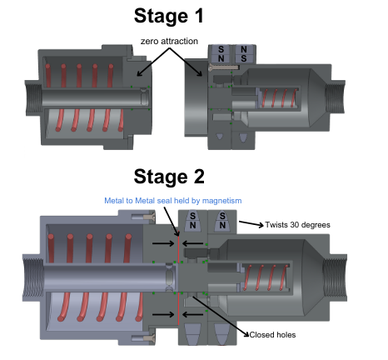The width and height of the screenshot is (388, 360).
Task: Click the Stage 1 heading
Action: coord(168,16)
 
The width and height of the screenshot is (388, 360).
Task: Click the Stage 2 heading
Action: coord(169,177)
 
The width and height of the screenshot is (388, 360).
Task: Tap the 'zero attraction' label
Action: coord(169,41)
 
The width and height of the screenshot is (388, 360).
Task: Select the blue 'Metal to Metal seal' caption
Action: coord(173,201)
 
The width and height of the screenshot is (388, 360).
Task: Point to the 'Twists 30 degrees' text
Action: coord(297,224)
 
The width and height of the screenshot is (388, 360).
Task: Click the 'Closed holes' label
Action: coord(272,335)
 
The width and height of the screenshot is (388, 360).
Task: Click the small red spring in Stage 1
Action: coord(279,98)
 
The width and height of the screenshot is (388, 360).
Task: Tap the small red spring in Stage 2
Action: coord(265,277)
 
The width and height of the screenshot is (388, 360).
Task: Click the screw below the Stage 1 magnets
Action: coord(223,67)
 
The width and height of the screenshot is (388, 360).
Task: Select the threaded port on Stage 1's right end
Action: coord(336,96)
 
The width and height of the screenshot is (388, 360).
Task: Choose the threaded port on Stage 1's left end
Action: coord(33,97)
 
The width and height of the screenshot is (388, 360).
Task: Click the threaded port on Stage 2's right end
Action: coord(335,277)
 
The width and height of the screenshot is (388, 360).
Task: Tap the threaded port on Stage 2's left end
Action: coord(33,277)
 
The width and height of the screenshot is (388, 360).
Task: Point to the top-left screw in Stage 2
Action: coord(143,216)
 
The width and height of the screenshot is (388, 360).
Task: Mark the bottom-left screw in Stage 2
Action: coord(143,337)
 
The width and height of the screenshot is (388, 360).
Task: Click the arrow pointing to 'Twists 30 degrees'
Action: coord(251,223)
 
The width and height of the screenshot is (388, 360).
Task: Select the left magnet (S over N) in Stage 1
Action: coord(221,54)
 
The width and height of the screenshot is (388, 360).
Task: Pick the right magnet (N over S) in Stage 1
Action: coord(244,54)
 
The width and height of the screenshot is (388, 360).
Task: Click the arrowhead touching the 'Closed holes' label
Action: coord(246,334)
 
